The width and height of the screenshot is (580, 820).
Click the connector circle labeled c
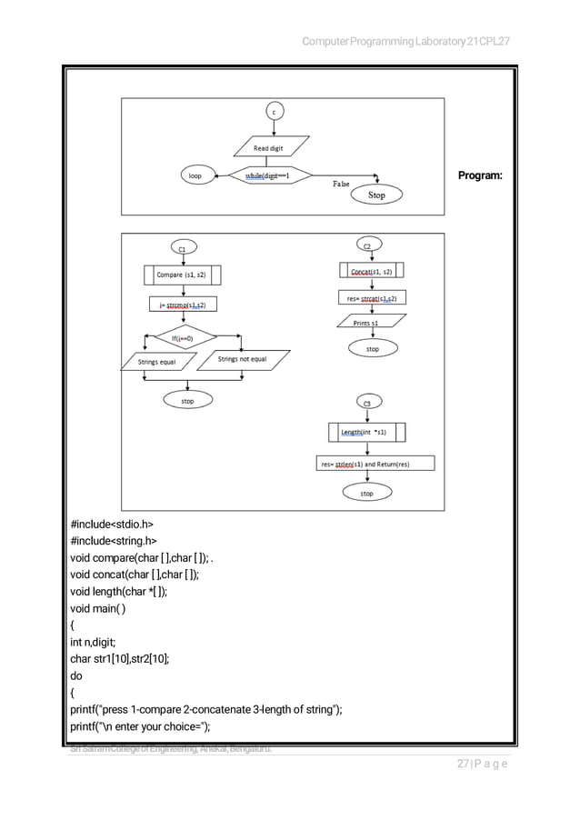(x=274, y=112)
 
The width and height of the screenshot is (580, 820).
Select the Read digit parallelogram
(x=273, y=147)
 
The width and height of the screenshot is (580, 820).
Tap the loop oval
(x=195, y=175)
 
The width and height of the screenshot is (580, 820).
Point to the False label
(x=341, y=184)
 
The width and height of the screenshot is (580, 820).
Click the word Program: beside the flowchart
(x=481, y=175)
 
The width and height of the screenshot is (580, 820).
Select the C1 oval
(x=182, y=248)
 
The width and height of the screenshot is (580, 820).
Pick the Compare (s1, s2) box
(x=182, y=274)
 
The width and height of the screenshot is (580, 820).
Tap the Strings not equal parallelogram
(x=243, y=360)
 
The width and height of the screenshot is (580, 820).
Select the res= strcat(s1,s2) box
(x=371, y=298)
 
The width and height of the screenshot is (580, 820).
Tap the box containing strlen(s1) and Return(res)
(x=375, y=464)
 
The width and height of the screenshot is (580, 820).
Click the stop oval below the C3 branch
(x=366, y=493)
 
